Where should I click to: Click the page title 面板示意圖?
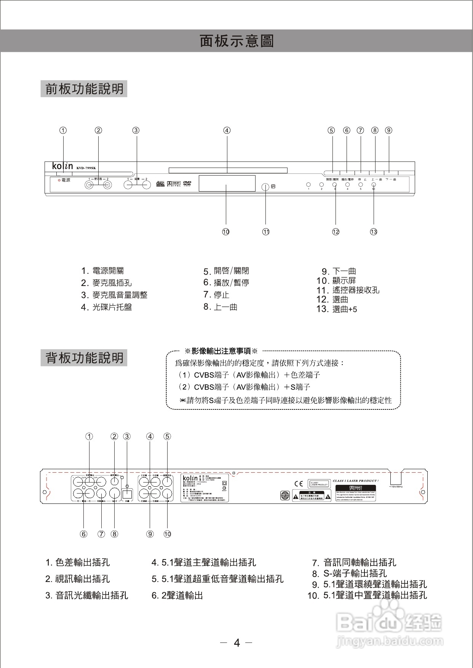coord(237,41)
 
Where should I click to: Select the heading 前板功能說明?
coord(84,89)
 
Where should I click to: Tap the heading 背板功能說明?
coord(84,358)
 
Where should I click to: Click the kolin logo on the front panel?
coord(62,166)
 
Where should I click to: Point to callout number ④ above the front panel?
coord(227,130)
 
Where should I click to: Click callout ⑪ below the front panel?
coord(266,232)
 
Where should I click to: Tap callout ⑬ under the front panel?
coord(374,232)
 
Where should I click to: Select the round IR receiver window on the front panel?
coord(265,187)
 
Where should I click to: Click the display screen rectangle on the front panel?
coord(227,183)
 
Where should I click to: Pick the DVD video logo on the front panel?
coord(187,184)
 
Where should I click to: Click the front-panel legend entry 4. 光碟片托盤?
coord(107,307)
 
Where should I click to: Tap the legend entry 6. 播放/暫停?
coord(226,283)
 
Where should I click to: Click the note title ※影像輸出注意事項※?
coord(221,351)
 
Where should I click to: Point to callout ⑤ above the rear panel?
coord(167,436)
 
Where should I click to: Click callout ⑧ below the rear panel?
coord(114,534)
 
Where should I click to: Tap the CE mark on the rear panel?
coord(299,484)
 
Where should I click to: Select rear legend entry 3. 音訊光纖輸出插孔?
coord(87,595)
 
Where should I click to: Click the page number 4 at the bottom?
coord(237,643)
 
